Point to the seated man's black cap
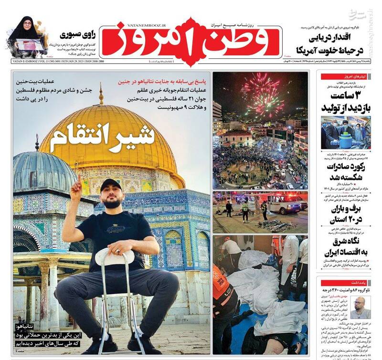coord(110,185)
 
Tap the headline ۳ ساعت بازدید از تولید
coord(347,99)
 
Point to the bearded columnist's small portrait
coord(360,307)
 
